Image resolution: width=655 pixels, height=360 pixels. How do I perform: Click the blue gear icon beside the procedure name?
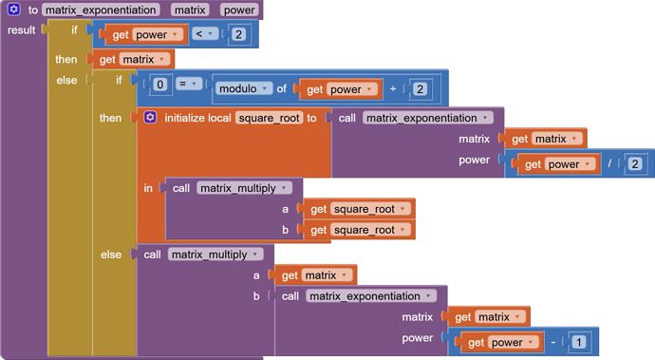[x=14, y=10]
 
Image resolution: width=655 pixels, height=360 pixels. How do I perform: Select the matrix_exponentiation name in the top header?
[x=100, y=10]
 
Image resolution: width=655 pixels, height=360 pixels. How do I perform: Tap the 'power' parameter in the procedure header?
[x=238, y=10]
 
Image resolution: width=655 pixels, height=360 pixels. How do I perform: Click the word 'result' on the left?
[x=22, y=30]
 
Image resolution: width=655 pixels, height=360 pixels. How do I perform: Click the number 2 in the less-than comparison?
[x=239, y=35]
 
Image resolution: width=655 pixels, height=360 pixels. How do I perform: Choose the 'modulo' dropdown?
[x=244, y=89]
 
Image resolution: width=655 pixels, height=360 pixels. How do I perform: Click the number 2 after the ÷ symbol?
[x=420, y=89]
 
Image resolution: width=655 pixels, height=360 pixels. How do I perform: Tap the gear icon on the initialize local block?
[x=151, y=118]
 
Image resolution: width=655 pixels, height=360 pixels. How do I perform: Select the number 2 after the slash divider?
[x=634, y=163]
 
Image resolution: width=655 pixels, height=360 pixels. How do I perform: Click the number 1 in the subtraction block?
[x=579, y=342]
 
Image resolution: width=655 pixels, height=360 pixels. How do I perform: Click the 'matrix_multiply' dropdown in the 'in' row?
[x=242, y=188]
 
